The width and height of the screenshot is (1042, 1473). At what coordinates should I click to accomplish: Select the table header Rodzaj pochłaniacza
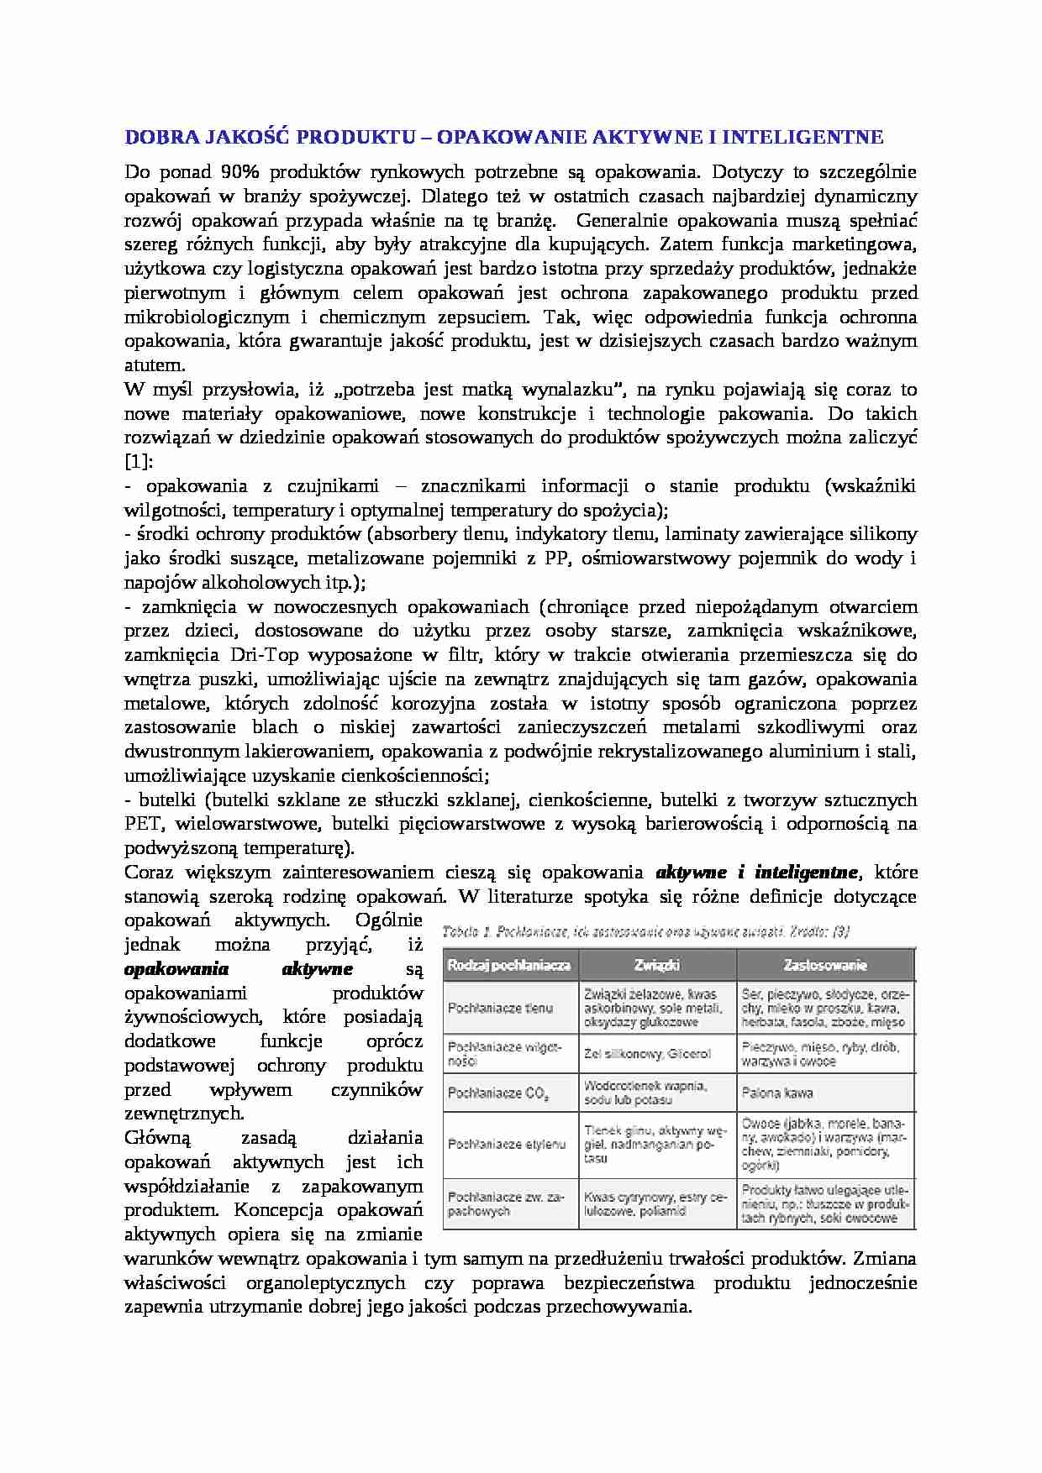pyautogui.click(x=509, y=965)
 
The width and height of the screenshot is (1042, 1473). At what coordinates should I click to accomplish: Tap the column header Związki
pyautogui.click(x=657, y=965)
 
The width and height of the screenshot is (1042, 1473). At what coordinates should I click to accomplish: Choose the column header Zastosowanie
pyautogui.click(x=825, y=965)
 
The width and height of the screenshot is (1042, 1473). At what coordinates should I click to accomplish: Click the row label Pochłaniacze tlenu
pyautogui.click(x=501, y=1008)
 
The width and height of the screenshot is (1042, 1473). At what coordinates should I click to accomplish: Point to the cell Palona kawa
pyautogui.click(x=777, y=1093)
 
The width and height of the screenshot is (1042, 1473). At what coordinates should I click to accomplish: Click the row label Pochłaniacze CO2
pyautogui.click(x=499, y=1093)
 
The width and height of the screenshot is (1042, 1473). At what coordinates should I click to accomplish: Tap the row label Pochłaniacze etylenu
pyautogui.click(x=507, y=1144)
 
